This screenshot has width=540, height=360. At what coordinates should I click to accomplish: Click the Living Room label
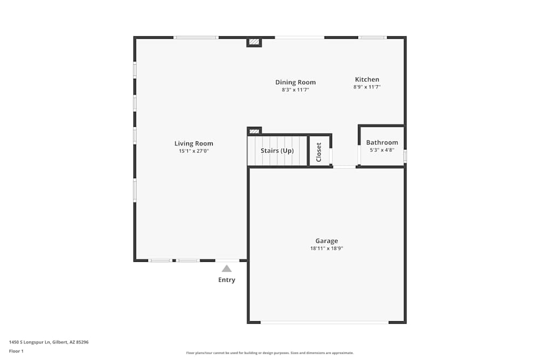coord(193,144)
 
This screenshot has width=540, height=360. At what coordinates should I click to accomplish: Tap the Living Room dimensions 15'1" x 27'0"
coord(193,152)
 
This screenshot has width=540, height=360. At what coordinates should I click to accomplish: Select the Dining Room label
coord(295,83)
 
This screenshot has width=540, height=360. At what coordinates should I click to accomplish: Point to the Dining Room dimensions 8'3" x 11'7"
coord(295,90)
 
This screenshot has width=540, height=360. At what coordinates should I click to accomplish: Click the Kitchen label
coord(367,79)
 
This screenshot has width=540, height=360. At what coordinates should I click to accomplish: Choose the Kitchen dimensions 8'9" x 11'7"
coord(367,87)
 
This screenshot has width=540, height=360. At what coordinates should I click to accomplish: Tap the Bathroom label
coord(382,142)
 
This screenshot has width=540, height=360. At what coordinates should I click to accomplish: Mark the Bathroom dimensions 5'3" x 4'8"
coord(382,150)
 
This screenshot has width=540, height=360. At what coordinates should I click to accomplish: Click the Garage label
coord(327,241)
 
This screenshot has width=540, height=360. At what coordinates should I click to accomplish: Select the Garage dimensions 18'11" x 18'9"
coord(327,249)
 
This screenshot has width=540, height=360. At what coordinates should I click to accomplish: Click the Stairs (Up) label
coord(277,151)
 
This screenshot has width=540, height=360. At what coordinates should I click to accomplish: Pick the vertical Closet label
coord(319,152)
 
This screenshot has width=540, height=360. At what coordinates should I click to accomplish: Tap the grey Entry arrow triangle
coord(227,269)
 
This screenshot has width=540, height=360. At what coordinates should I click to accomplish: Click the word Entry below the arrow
coord(227,280)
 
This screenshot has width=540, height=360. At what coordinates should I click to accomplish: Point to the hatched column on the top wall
coord(254,42)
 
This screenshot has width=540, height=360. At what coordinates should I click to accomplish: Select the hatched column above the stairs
coord(254,131)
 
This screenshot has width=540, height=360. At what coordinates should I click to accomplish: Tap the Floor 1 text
coord(16,351)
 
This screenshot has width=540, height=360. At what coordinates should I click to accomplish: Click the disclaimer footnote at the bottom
coord(270,353)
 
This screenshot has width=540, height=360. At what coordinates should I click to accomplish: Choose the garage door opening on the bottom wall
coord(324,322)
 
